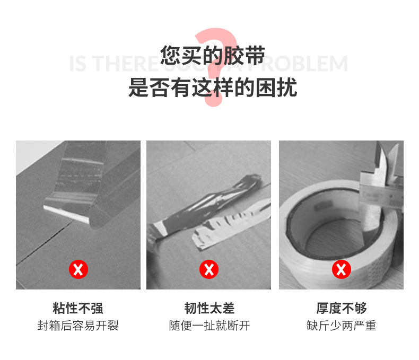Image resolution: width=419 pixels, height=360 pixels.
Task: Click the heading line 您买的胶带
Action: [212, 56]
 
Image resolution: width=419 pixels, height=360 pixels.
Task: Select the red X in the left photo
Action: [78, 270]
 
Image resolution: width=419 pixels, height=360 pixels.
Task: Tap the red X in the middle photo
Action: [209, 270]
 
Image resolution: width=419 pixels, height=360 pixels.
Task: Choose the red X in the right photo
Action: [341, 270]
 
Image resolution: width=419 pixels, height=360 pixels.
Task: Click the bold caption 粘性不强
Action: [78, 308]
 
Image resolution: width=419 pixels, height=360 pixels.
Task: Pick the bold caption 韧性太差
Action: [209, 308]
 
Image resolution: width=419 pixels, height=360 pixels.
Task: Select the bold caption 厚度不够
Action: [341, 308]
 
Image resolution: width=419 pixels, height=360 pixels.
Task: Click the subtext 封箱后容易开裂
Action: [78, 326]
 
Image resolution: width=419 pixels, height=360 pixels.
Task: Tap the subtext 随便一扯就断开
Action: [209, 326]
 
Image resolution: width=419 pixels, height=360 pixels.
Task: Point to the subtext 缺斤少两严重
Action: [341, 326]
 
